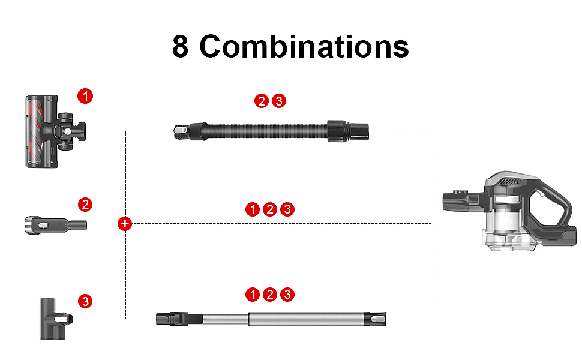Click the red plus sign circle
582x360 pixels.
[125, 224]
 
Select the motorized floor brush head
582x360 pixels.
[55, 131]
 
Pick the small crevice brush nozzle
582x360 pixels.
[56, 225]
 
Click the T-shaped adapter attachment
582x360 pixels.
[56, 319]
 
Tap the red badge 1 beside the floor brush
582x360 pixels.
[85, 96]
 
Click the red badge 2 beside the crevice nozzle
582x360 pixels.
[85, 205]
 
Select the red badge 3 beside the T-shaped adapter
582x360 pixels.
[85, 301]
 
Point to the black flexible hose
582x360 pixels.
[271, 131]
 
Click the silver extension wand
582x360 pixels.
[271, 319]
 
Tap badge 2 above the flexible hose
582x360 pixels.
[262, 101]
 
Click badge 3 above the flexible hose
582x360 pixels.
[279, 101]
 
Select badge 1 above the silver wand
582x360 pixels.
[253, 295]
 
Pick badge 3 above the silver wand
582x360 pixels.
[287, 295]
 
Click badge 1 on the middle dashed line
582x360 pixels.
[253, 209]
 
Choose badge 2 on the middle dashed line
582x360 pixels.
[270, 209]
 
